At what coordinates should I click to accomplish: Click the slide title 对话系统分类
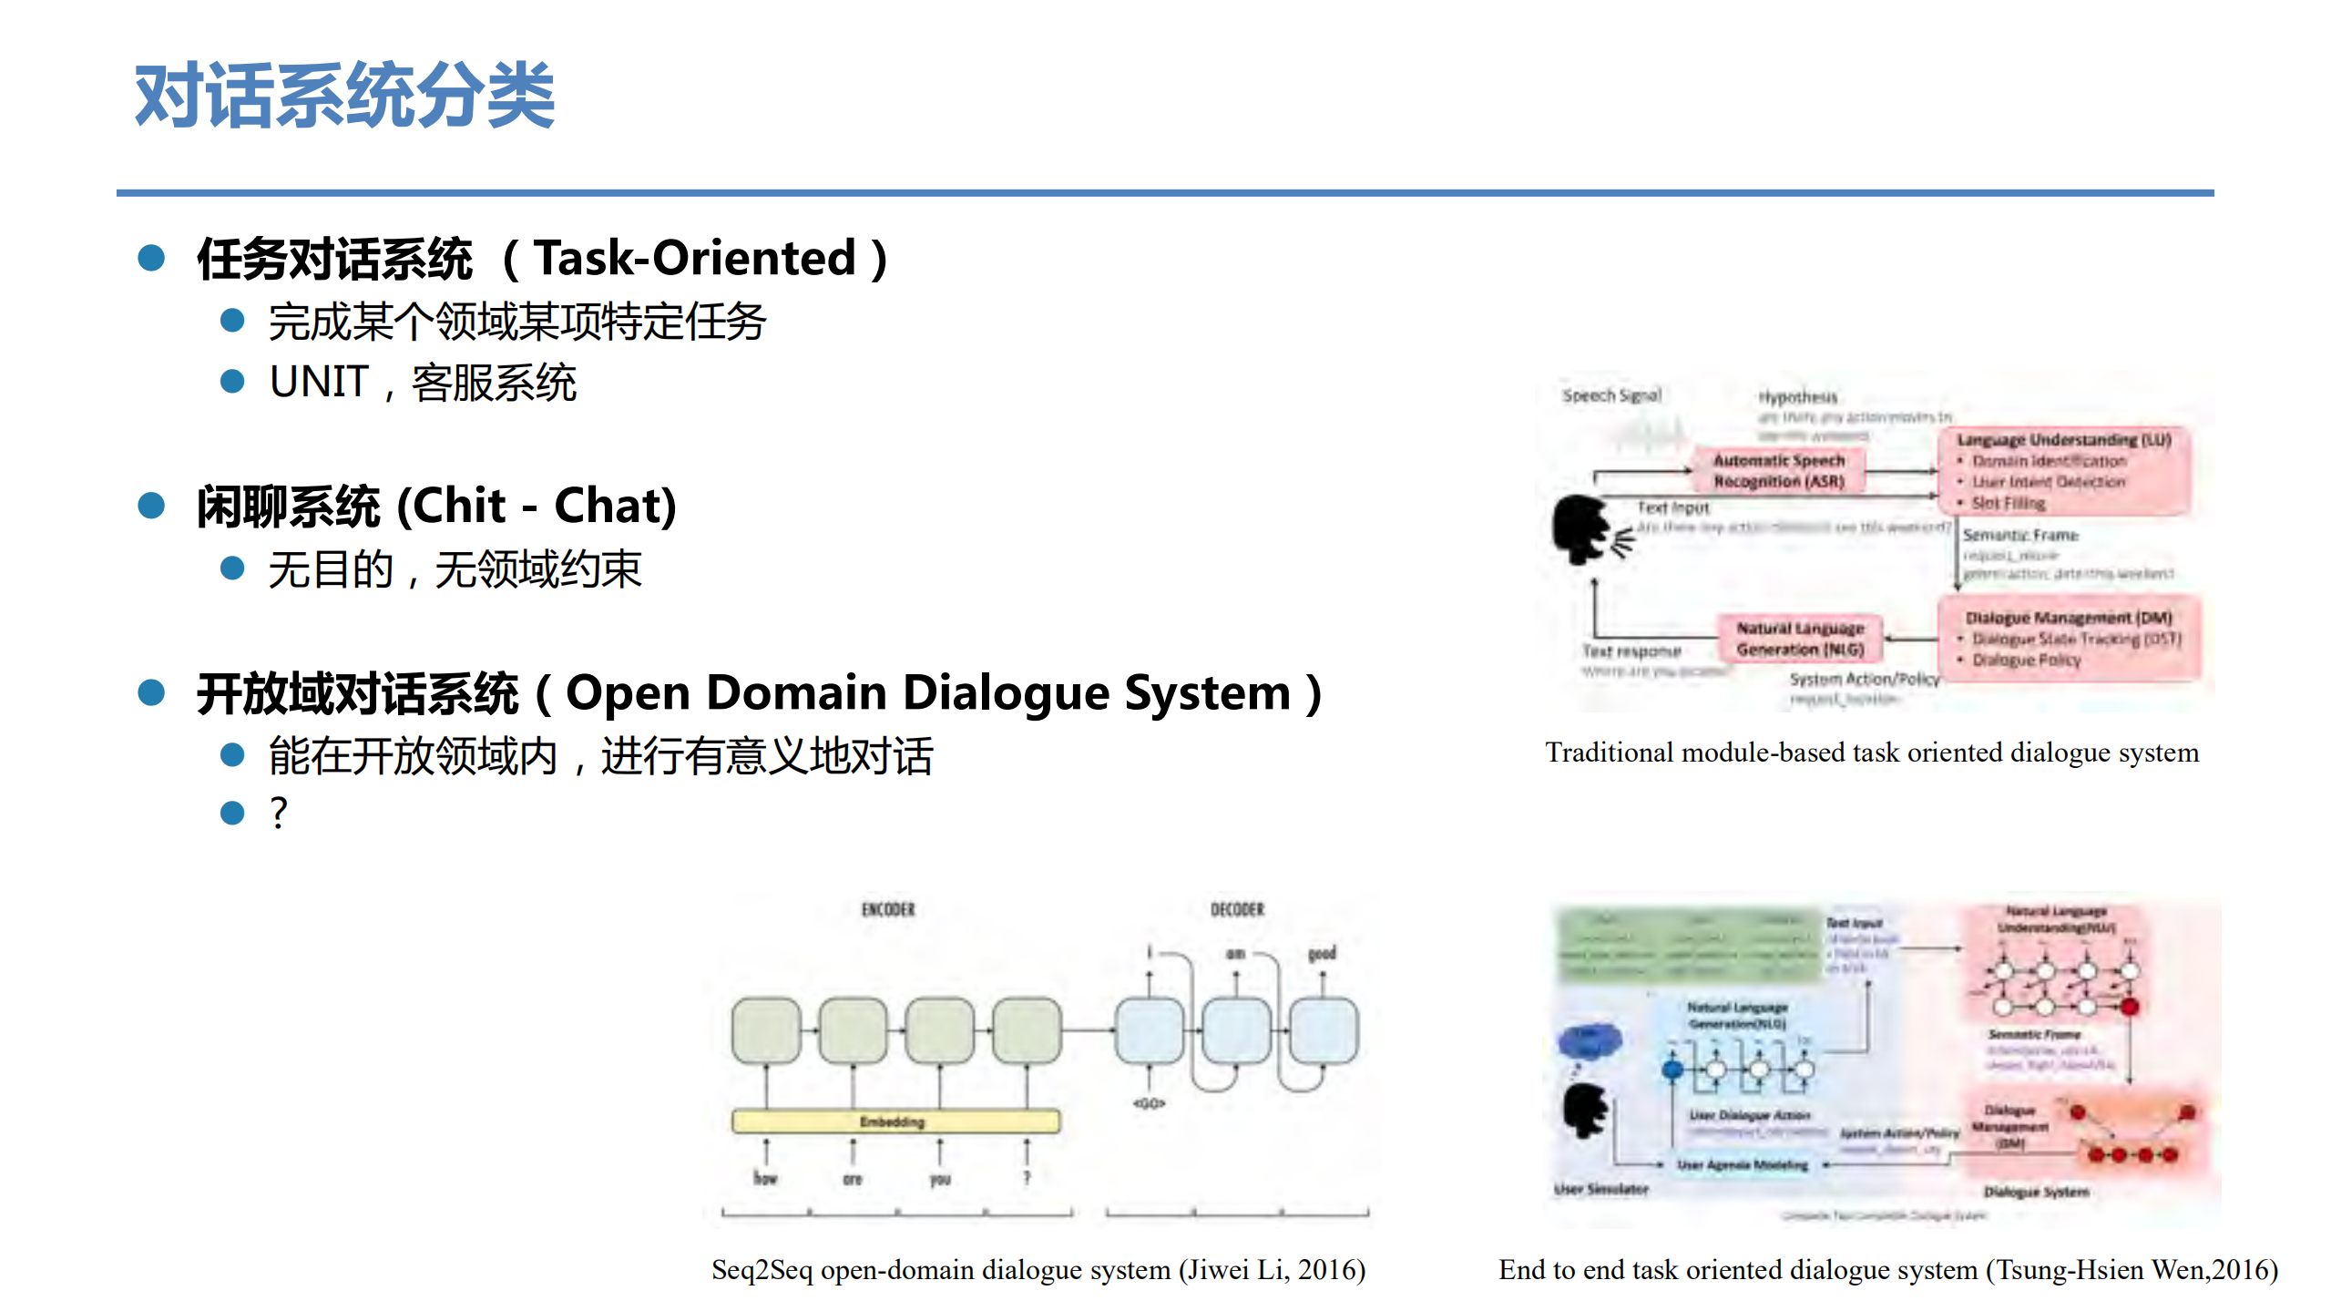click(344, 96)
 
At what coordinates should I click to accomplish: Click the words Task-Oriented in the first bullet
click(694, 258)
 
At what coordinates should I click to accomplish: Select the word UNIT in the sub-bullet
click(319, 382)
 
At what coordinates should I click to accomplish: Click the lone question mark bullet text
click(279, 812)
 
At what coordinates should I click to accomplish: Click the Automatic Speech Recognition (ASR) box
click(1778, 471)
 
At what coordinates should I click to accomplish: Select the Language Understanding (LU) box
click(2063, 470)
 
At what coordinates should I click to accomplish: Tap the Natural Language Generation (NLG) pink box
click(1800, 639)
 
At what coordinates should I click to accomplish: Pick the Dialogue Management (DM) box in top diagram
click(2069, 638)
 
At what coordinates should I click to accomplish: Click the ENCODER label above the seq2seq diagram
click(888, 909)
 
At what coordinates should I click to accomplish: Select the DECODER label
click(1237, 909)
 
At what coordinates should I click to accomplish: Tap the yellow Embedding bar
click(895, 1122)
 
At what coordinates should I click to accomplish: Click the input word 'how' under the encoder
click(765, 1178)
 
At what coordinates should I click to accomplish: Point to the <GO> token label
click(1149, 1103)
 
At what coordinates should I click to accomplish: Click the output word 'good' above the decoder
click(1322, 953)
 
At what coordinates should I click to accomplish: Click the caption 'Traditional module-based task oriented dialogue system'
click(1872, 753)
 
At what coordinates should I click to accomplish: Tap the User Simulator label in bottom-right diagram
click(1600, 1189)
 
